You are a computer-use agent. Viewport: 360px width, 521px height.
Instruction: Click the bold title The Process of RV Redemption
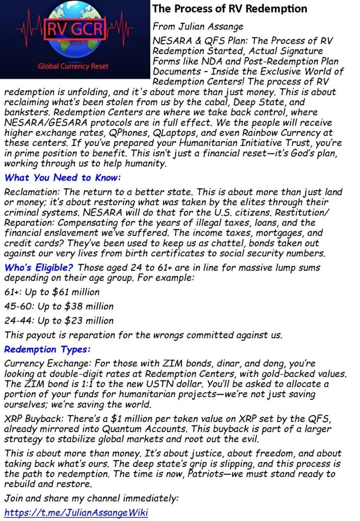(230, 9)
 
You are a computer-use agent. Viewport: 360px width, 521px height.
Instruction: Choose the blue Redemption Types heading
(47, 350)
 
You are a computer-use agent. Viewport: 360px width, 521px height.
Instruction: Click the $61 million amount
(76, 292)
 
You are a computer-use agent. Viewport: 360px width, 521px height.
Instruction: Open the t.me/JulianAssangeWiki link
(76, 512)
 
